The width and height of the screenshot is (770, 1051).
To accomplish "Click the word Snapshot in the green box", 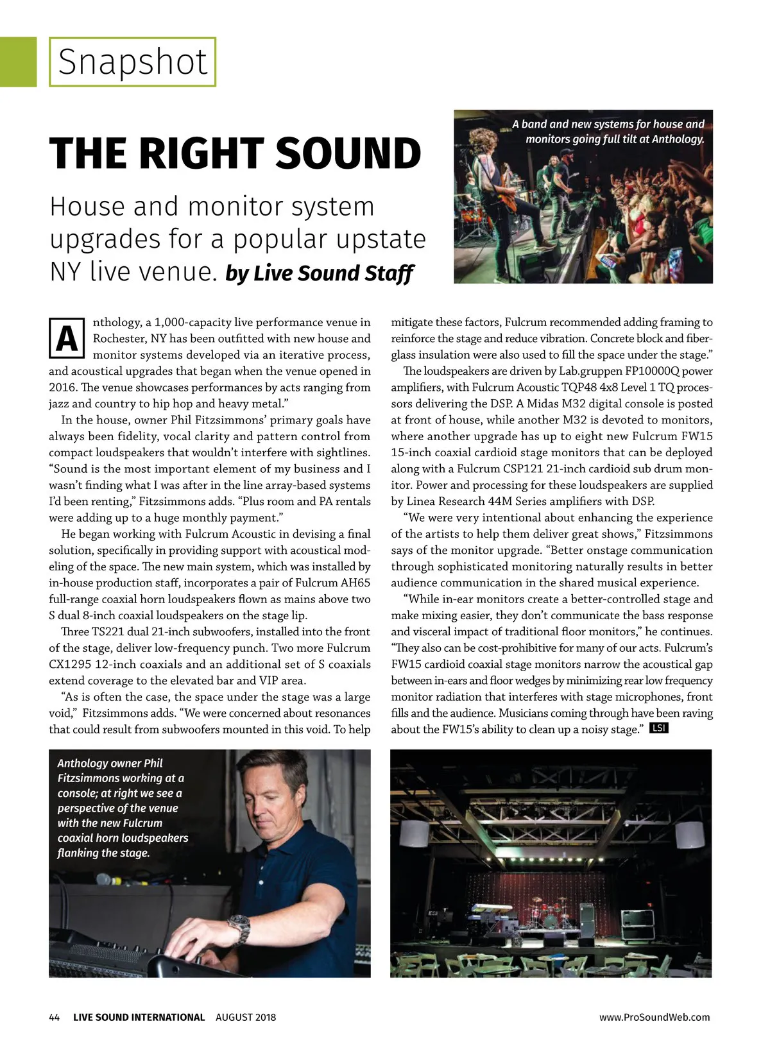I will (133, 62).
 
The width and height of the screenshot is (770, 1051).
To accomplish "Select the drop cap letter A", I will (67, 339).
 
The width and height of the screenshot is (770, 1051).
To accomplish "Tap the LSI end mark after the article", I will (659, 728).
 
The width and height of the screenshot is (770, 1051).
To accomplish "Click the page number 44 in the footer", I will (55, 1017).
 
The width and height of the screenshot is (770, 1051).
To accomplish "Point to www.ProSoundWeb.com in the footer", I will (654, 1017).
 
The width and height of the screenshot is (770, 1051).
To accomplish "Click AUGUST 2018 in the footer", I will (246, 1017).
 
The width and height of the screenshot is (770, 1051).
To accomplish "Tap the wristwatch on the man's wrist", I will (239, 928).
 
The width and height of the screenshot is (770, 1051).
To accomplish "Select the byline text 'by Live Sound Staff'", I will (320, 273).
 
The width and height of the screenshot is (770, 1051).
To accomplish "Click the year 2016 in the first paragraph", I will (62, 388).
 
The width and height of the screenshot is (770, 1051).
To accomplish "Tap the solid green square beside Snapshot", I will (18, 62).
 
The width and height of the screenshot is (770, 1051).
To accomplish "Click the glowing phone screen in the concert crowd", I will (675, 259).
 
